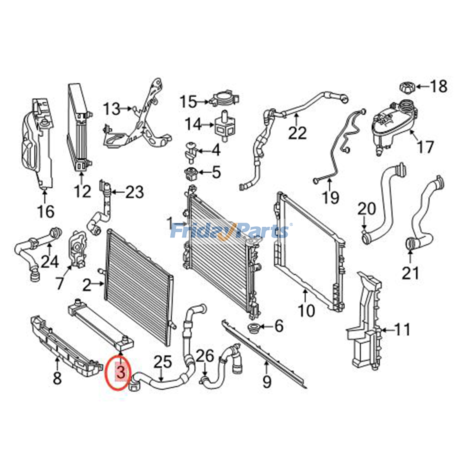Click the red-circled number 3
coord(121,372)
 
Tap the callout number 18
coord(438,86)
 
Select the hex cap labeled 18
coord(407,87)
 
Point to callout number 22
coord(297,133)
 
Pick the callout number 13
coord(112,109)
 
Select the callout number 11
coord(402,330)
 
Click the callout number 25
coord(163,362)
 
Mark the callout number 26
coord(205,356)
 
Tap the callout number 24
coord(50,262)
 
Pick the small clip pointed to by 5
coord(191,173)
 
